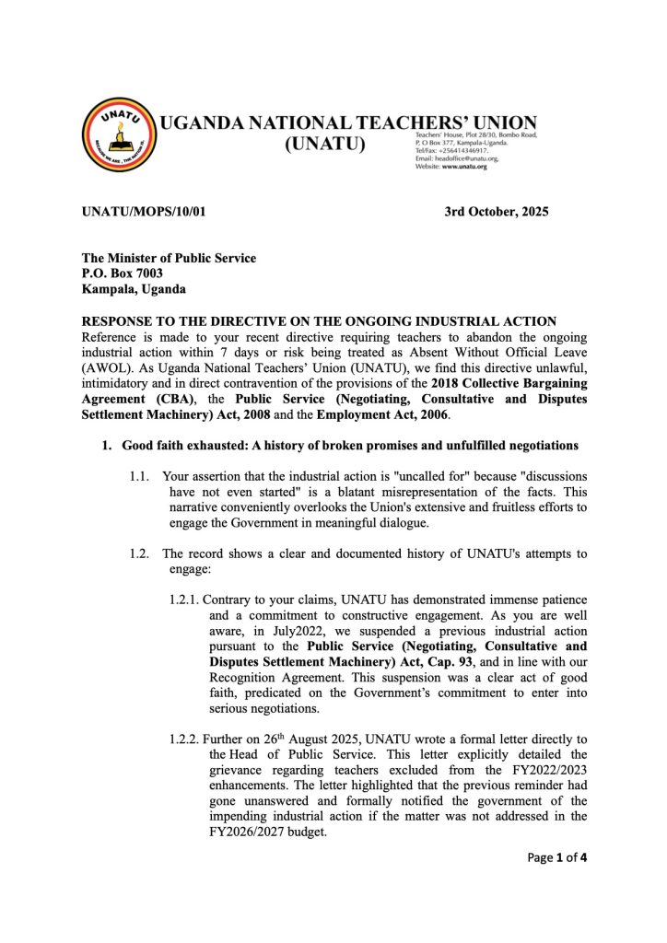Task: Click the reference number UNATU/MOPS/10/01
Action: [x=144, y=212]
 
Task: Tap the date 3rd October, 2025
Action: [x=496, y=212]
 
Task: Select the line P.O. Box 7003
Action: [x=123, y=274]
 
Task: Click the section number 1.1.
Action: [x=142, y=476]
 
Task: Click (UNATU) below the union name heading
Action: [x=326, y=146]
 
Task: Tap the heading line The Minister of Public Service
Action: [x=170, y=258]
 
